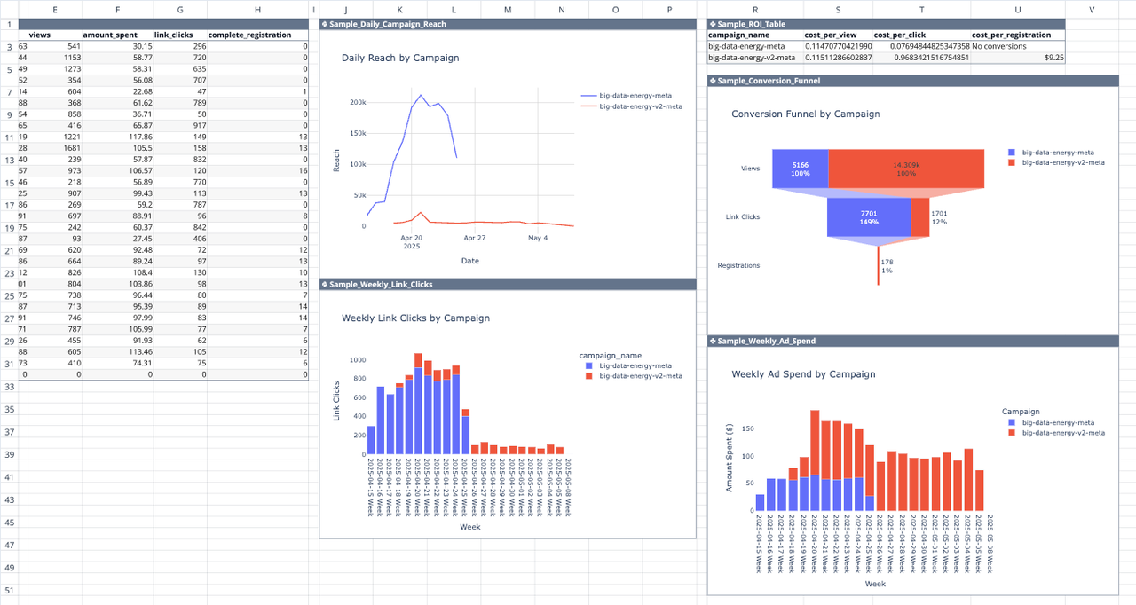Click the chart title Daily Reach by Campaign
tap(400, 58)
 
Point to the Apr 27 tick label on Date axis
tap(474, 238)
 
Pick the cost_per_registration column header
tap(1011, 35)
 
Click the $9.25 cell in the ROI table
tap(1054, 57)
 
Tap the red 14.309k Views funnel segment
tap(906, 169)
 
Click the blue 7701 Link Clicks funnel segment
tap(869, 217)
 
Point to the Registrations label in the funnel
tap(738, 265)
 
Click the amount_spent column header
tap(110, 35)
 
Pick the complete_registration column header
tap(249, 35)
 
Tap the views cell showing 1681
tap(67, 148)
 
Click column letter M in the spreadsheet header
tap(507, 9)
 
